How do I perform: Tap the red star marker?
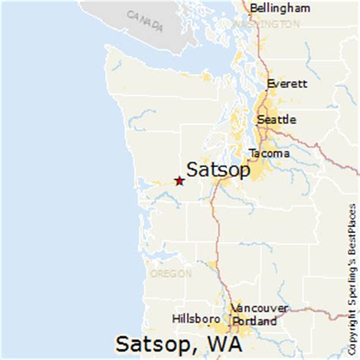coord(178,181)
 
